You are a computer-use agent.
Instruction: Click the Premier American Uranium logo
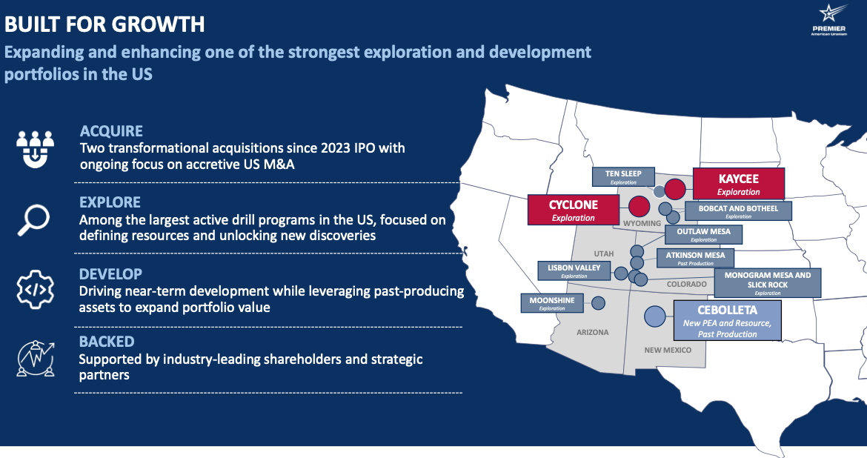[x=829, y=20]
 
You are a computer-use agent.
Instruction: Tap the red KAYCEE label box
[x=738, y=184]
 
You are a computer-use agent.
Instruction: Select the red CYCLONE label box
[x=574, y=210]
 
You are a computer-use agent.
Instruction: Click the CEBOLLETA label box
[x=727, y=320]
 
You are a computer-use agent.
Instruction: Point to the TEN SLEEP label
[x=623, y=177]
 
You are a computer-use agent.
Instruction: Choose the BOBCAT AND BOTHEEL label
[x=738, y=211]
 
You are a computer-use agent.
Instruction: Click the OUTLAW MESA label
[x=703, y=234]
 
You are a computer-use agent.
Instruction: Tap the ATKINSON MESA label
[x=695, y=259]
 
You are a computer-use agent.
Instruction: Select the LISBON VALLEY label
[x=574, y=271]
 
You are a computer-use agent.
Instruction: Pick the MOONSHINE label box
[x=552, y=303]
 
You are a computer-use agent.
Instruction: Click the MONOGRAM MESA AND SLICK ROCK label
[x=768, y=283]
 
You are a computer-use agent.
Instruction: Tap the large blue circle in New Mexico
[x=654, y=316]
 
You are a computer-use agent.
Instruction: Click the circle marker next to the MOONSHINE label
[x=598, y=303]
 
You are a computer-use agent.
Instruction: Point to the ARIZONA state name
[x=592, y=333]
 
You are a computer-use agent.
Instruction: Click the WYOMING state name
[x=642, y=224]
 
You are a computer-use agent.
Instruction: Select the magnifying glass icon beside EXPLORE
[x=34, y=219]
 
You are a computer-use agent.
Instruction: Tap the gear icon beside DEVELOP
[x=35, y=289]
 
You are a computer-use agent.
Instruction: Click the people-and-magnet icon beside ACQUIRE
[x=35, y=149]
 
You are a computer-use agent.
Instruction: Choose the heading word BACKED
[x=107, y=342]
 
